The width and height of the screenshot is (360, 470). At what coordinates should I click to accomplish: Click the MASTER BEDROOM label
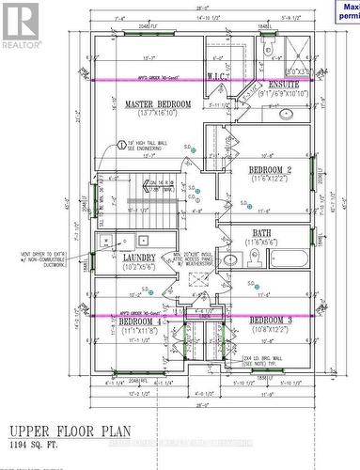click(158, 104)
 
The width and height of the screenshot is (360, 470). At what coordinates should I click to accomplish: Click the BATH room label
click(263, 233)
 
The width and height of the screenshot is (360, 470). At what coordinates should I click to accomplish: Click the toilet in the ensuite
click(266, 46)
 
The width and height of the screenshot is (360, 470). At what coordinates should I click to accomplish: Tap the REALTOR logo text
click(21, 43)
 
